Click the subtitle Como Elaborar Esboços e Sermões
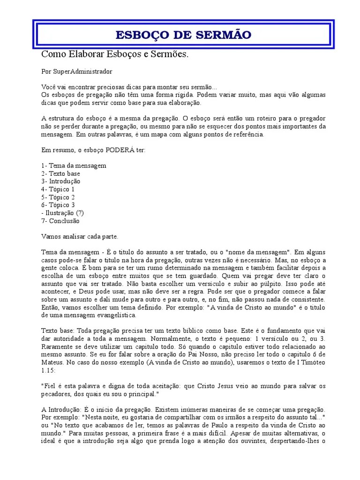pos(115,54)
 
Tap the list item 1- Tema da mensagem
pos(74,165)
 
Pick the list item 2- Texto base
pos(60,173)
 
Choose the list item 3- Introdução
pos(60,181)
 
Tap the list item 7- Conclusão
pos(60,221)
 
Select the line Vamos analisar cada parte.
pos(80,236)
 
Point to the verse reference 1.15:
pos(49,370)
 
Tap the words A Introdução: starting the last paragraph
pos(61,410)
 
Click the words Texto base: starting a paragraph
pos(58,331)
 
